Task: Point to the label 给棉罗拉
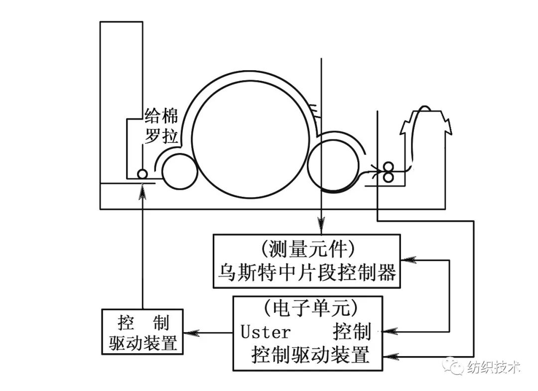point(161,126)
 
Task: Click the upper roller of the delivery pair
point(389,167)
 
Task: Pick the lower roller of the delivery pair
point(389,177)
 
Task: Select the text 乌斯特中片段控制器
point(307,272)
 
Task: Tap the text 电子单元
point(310,308)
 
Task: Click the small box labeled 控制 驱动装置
point(142,332)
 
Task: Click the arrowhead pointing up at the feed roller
point(143,191)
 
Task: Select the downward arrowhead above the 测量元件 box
point(321,225)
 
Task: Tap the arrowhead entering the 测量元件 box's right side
point(408,260)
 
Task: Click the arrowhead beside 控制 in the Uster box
point(390,332)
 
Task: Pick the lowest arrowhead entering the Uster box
point(391,357)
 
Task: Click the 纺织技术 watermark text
point(494,368)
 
